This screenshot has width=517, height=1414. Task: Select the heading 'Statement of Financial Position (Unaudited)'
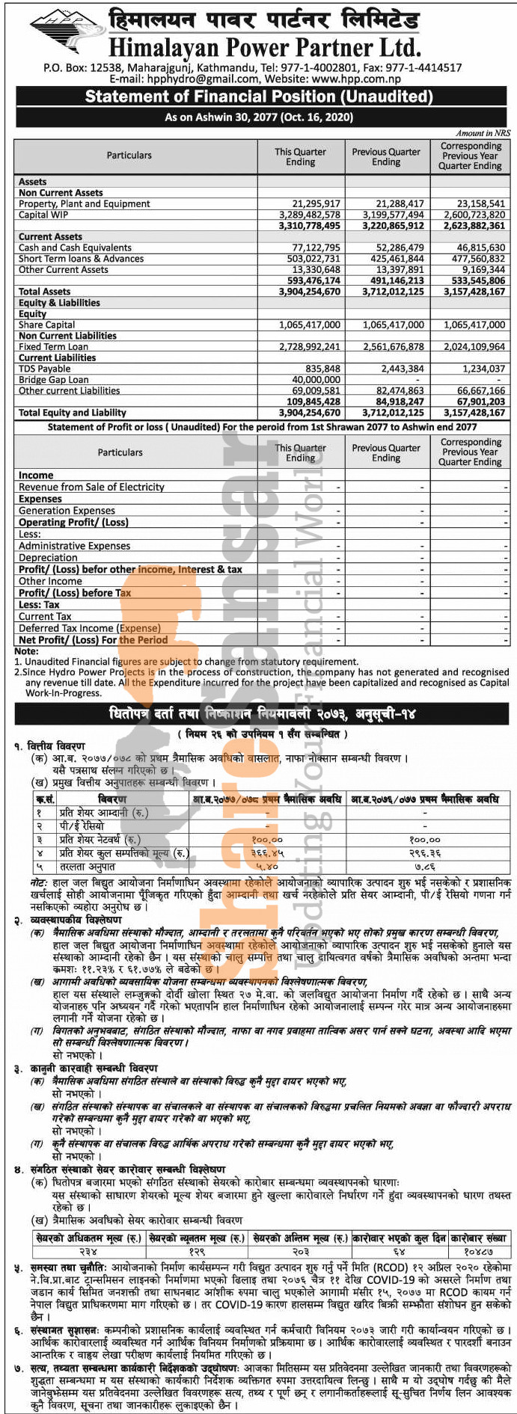coord(258,96)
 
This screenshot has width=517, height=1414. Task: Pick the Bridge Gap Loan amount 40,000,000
coord(316,380)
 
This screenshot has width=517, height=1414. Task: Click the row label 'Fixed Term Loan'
coord(53,347)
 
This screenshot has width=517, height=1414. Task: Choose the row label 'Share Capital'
coord(46,325)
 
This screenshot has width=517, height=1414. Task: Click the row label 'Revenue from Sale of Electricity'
coord(91,487)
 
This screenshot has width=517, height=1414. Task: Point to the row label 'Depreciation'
coord(48,558)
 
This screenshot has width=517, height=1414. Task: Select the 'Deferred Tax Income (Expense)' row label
coord(89,629)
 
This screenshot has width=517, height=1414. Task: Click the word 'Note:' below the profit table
coord(26,651)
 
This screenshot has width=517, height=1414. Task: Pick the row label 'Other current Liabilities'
coord(69,390)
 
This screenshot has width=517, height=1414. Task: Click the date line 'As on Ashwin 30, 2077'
coord(259,117)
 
